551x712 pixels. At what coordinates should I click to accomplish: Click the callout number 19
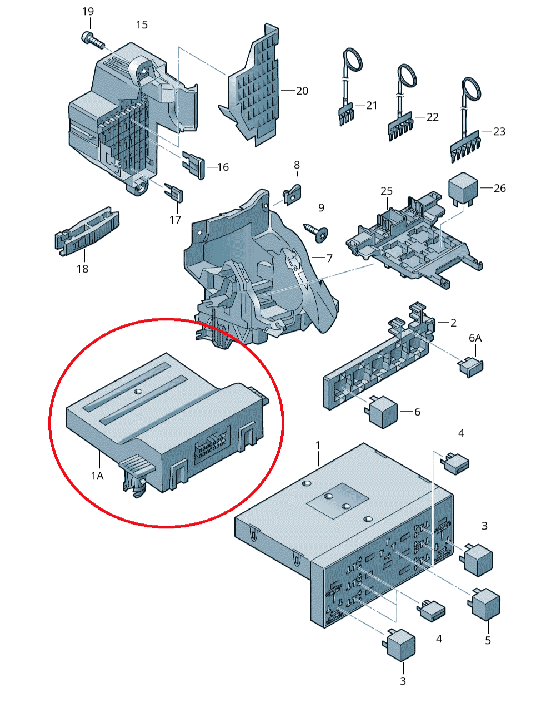point(88,12)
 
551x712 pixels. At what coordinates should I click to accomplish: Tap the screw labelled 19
point(93,41)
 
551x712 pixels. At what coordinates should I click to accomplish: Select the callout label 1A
point(97,476)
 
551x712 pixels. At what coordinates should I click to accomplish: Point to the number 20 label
point(302,91)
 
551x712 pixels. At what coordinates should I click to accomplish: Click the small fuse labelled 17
point(174,193)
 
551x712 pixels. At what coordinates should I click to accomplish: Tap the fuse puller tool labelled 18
point(87,231)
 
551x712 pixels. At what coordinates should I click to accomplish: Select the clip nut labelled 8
point(293,195)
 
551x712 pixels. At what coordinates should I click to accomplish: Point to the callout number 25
point(387,191)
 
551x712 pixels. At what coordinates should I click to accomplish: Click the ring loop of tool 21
point(353,60)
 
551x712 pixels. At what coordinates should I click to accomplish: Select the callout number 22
point(433,117)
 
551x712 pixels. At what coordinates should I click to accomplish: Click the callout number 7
point(329,258)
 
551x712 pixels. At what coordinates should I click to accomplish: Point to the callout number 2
point(453,323)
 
